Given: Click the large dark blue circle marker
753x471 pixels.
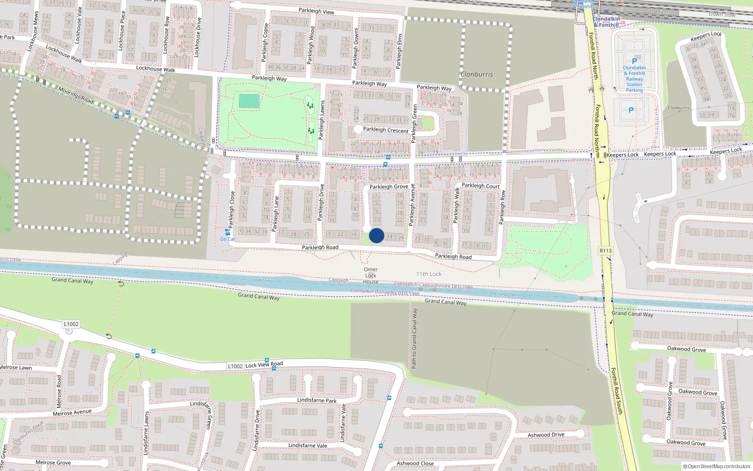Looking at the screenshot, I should point(376,235).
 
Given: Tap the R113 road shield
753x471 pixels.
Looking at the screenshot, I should point(606,251).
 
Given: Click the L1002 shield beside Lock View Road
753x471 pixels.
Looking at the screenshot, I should point(235,366).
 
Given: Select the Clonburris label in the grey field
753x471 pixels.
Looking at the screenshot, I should point(477,74).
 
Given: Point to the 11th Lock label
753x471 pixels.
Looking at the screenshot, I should point(429,274).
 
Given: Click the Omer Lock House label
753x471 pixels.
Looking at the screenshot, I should point(370,276).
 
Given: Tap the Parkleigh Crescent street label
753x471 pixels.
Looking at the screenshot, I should point(386,130).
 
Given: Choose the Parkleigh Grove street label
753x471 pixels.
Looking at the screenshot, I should point(389,187).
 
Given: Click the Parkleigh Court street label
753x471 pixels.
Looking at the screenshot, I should point(481,186).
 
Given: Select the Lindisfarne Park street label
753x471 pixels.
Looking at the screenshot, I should point(317,400).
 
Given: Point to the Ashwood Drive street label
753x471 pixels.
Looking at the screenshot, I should point(546,435).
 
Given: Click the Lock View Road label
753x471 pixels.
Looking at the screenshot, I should point(264,364).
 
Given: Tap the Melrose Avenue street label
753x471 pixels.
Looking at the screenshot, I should point(72,413).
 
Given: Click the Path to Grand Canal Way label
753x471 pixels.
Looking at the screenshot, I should point(414,338).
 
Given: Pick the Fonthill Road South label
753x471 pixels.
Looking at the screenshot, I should point(617,391).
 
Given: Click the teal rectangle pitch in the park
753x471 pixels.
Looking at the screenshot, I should point(249,101).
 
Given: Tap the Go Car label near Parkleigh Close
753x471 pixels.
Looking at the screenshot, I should point(227,239).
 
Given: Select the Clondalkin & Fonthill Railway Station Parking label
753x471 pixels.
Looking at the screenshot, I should point(634,79).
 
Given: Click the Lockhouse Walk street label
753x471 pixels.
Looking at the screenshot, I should point(64,54).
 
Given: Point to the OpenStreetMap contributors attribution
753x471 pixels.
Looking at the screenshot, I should point(716,466).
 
